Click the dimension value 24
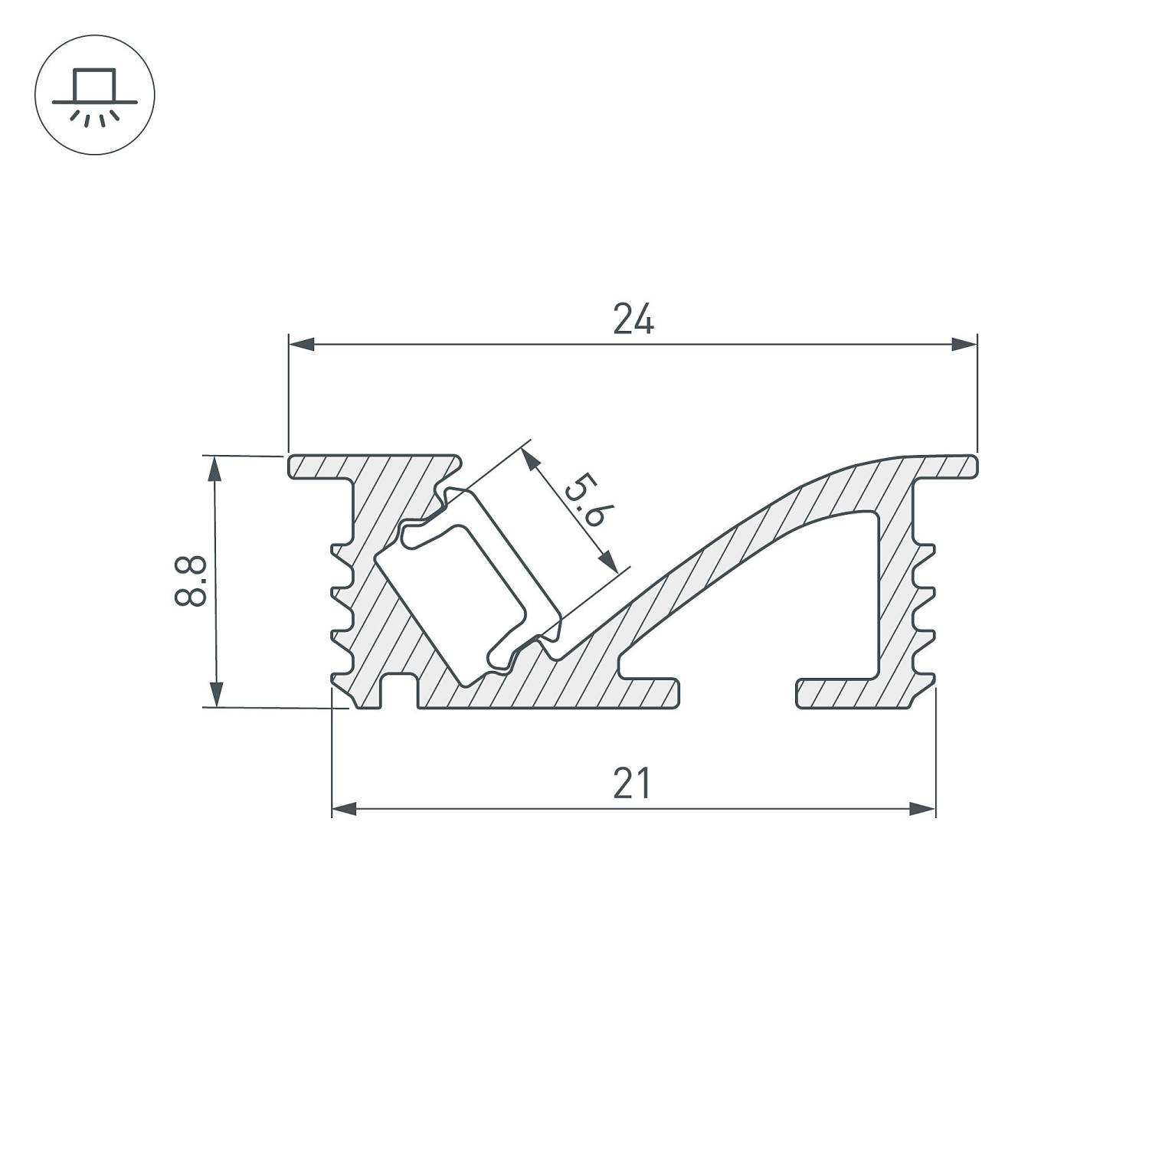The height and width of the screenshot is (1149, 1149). pyautogui.click(x=633, y=319)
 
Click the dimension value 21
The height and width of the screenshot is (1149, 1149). pyautogui.click(x=632, y=783)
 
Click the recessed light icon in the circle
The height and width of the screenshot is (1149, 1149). pyautogui.click(x=95, y=95)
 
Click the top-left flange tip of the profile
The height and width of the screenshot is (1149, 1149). pyautogui.click(x=296, y=466)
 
